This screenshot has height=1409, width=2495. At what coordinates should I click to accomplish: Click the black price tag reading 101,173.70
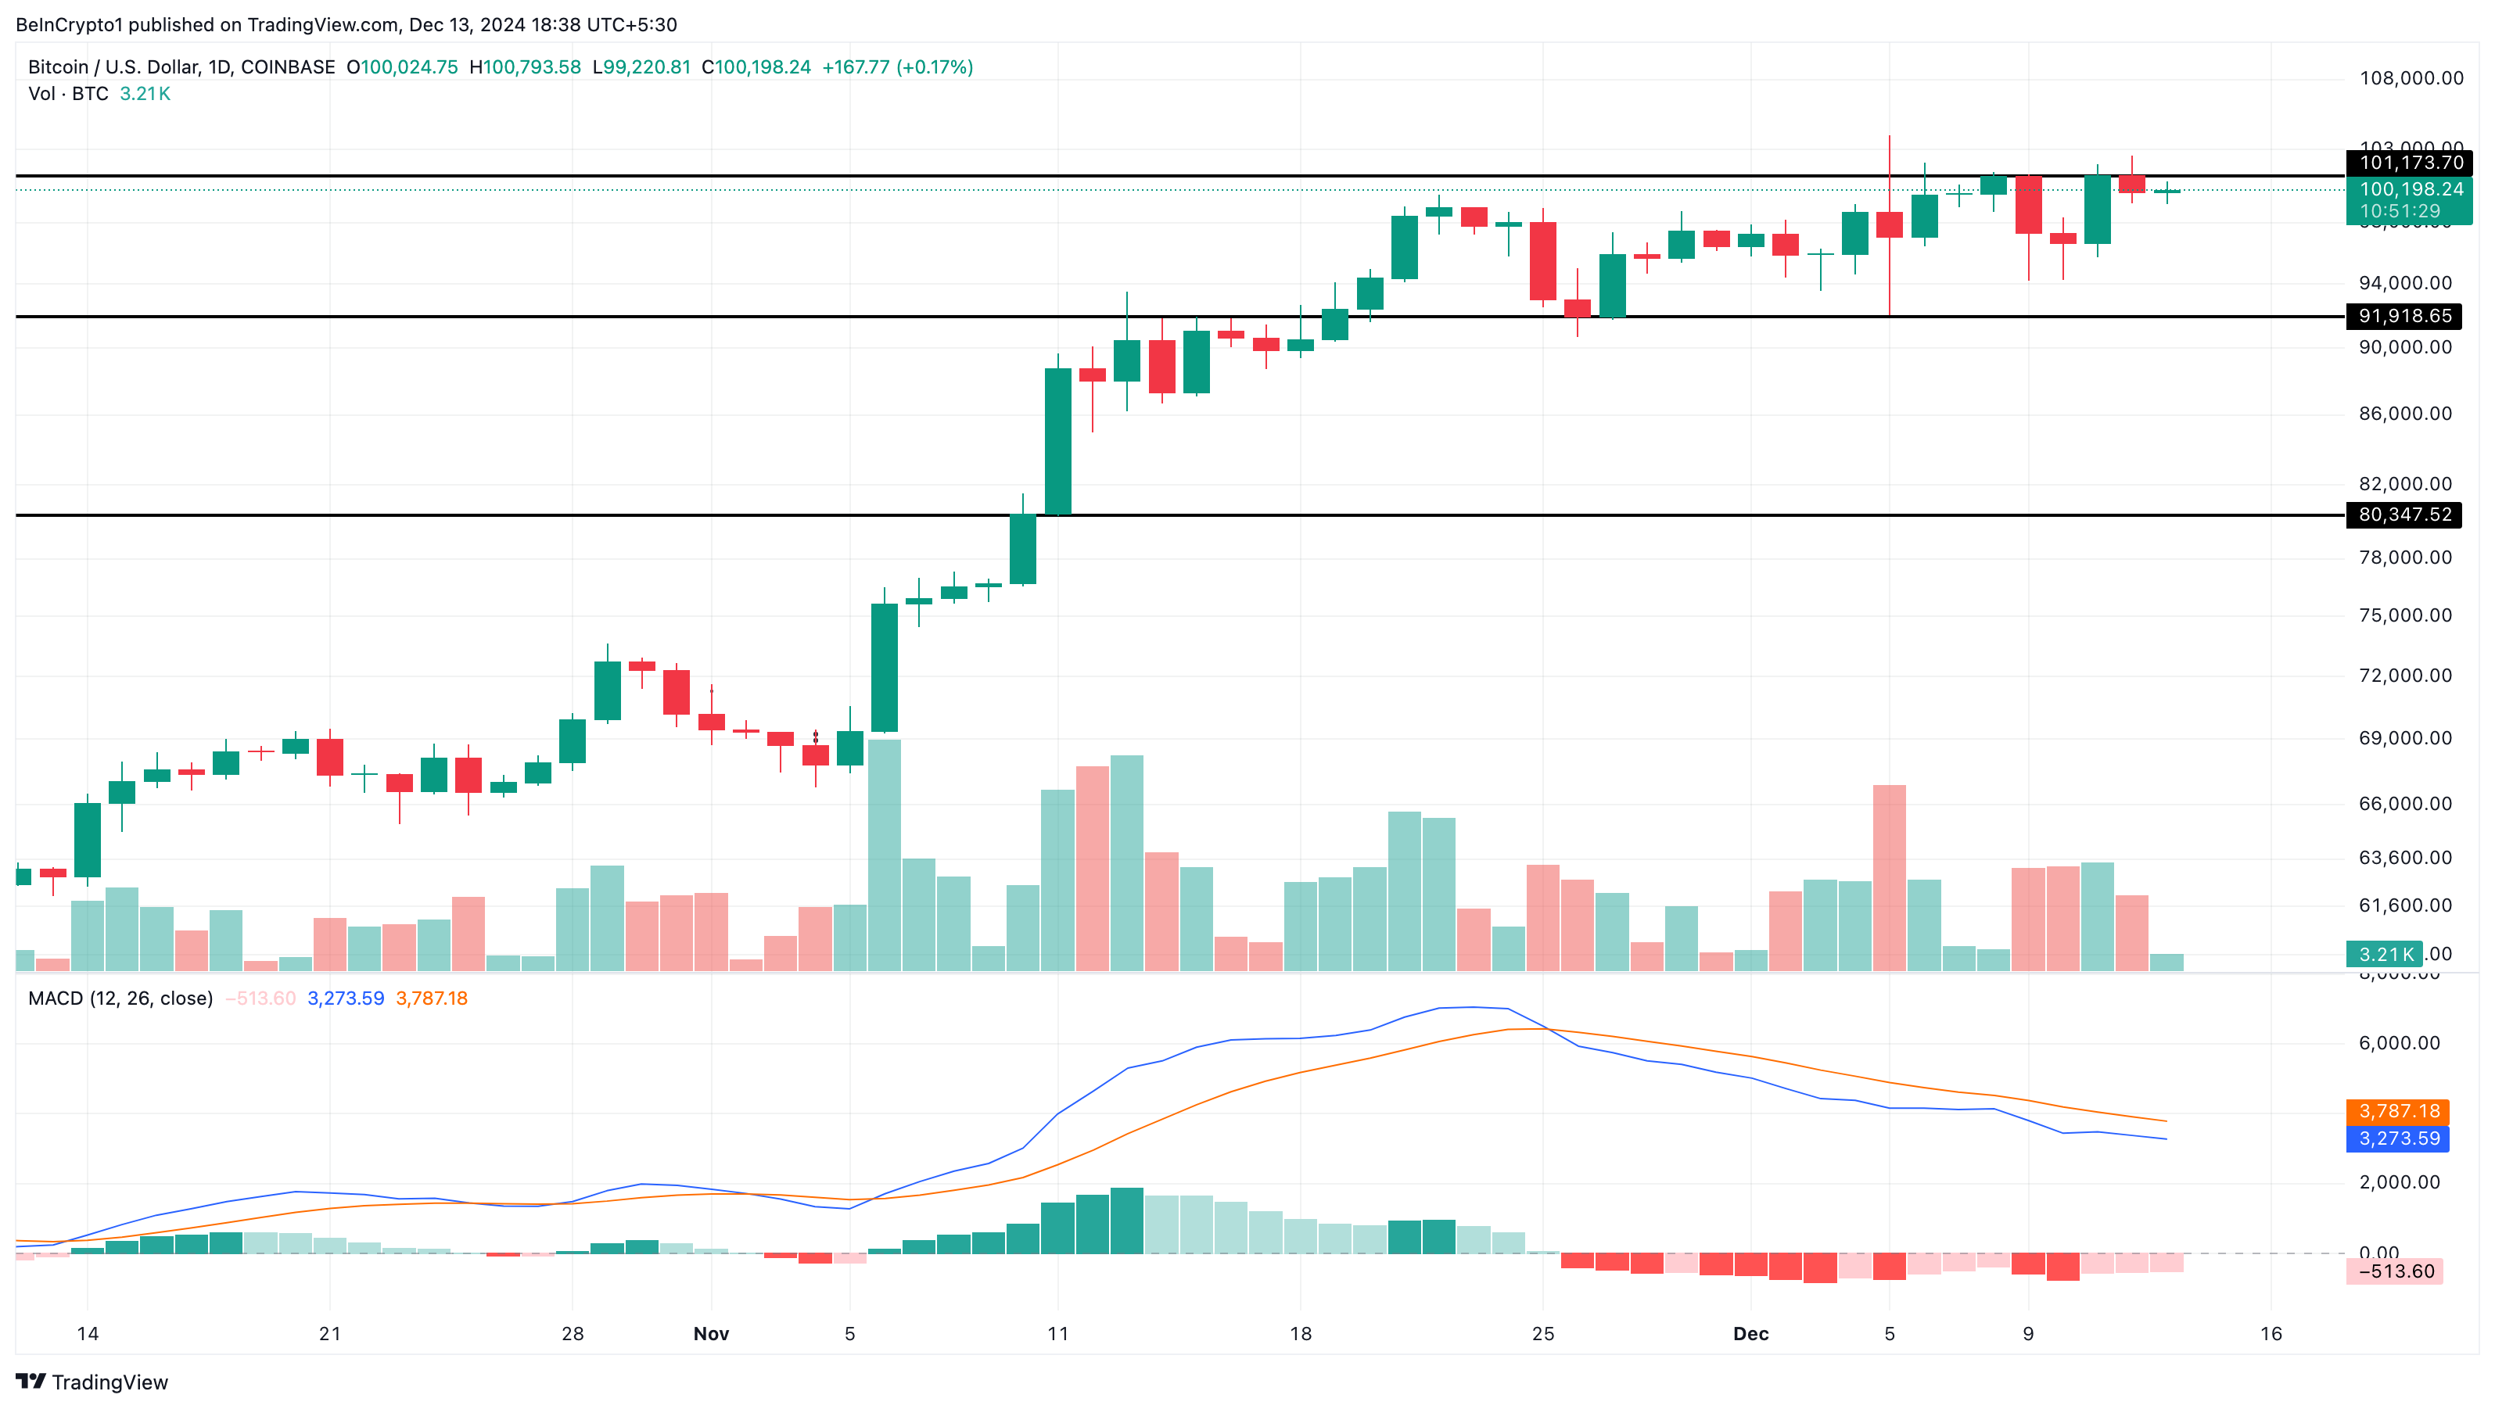coord(2409,163)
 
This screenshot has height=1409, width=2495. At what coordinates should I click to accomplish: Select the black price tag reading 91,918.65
coord(2404,316)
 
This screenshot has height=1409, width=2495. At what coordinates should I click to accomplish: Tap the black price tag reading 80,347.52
coord(2404,514)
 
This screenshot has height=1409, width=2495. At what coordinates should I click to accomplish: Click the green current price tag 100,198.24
coord(2409,190)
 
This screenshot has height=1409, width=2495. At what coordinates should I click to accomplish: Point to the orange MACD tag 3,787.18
coord(2397,1111)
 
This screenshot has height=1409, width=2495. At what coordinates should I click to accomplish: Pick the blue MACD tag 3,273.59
coord(2397,1138)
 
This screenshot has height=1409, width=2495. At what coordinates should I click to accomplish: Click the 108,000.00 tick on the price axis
coord(2410,78)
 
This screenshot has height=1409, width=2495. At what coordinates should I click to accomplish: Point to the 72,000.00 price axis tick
coord(2404,675)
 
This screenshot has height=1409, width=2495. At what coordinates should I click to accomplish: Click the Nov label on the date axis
coord(711,1333)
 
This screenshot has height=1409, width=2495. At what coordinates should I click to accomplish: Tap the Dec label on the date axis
coord(1750,1333)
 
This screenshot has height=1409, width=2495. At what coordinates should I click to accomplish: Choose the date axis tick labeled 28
coord(573,1333)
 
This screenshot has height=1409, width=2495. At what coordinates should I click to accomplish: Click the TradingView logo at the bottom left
coord(92,1382)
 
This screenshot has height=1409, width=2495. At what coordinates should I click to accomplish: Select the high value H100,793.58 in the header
coord(525,66)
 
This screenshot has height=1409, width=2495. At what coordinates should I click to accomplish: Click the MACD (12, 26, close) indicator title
coord(120,998)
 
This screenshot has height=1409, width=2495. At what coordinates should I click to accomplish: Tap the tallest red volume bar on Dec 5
coord(1889,877)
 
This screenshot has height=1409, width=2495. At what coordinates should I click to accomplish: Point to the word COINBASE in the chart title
coord(288,66)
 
